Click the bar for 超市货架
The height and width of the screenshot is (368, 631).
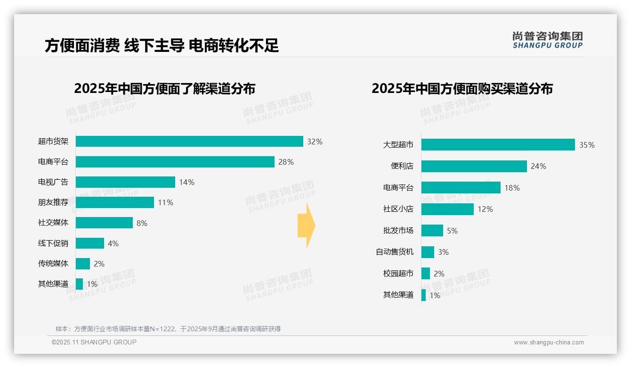pyautogui.click(x=189, y=142)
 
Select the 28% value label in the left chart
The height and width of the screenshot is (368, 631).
pyautogui.click(x=286, y=162)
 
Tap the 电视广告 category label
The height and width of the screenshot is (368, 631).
pyautogui.click(x=53, y=182)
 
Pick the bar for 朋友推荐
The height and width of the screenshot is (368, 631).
pyautogui.click(x=115, y=202)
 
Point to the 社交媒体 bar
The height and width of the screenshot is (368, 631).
pyautogui.click(x=104, y=223)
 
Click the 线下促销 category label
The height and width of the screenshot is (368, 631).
pyautogui.click(x=53, y=243)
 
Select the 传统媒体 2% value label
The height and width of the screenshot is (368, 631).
pyautogui.click(x=99, y=264)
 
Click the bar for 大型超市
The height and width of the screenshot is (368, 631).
pyautogui.click(x=498, y=145)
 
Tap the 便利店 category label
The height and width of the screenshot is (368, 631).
pyautogui.click(x=402, y=166)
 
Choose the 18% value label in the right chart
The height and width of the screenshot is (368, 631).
pyautogui.click(x=512, y=188)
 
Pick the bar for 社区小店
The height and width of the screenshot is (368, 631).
pyautogui.click(x=447, y=209)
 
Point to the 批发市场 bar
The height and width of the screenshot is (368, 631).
pyautogui.click(x=432, y=231)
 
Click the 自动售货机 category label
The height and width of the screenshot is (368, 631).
pyautogui.click(x=395, y=252)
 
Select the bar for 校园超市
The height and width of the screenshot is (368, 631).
pyautogui.click(x=426, y=274)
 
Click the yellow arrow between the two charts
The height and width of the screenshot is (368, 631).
pyautogui.click(x=306, y=226)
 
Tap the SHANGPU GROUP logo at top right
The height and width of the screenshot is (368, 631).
pyautogui.click(x=547, y=40)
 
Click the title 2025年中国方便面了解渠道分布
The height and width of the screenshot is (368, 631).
pyautogui.click(x=164, y=88)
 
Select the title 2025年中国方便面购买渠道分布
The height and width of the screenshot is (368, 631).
pyautogui.click(x=462, y=88)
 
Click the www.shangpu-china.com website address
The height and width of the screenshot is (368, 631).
pyautogui.click(x=549, y=343)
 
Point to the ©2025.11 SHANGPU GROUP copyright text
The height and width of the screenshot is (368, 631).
pyautogui.click(x=94, y=342)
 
